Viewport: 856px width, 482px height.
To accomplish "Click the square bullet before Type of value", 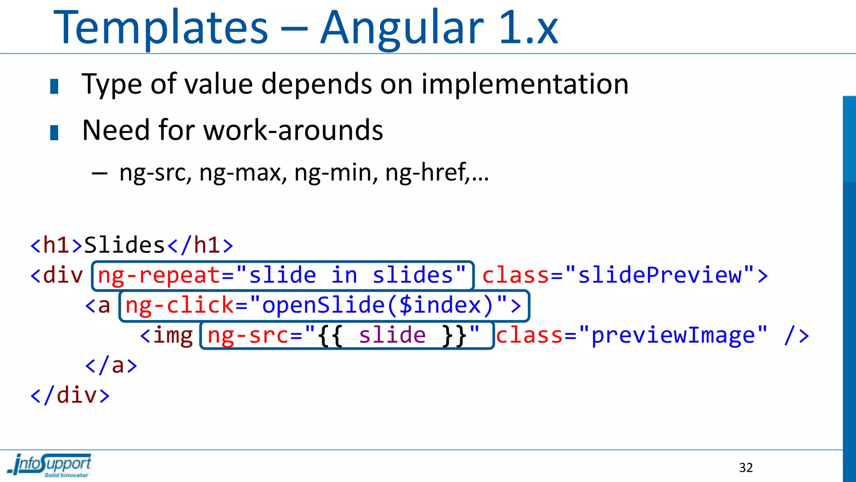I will (x=54, y=87).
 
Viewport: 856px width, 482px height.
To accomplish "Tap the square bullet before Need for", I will (x=54, y=133).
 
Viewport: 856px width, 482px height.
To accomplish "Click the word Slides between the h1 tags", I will (x=125, y=245).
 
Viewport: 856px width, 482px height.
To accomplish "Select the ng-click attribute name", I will (x=180, y=305).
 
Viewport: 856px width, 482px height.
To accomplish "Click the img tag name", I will (x=173, y=336).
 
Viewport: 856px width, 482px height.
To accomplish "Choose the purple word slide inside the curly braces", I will (x=392, y=336).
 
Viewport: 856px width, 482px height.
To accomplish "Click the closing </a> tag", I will (x=111, y=366).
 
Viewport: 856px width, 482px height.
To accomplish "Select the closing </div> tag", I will (x=70, y=396).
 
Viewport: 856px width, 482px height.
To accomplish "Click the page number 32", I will (x=746, y=467).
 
